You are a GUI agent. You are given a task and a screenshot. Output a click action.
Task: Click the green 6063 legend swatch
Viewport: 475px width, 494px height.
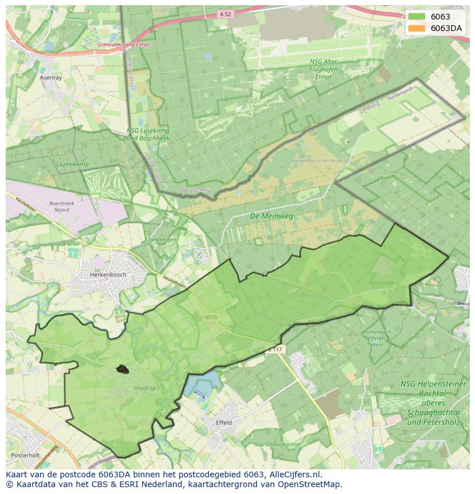(417, 17)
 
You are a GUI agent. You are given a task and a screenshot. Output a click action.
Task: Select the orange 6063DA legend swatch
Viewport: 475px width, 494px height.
(417, 28)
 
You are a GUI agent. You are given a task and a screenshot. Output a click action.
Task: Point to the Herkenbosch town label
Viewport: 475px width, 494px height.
(107, 275)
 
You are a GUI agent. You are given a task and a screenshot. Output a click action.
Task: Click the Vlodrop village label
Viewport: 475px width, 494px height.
(145, 388)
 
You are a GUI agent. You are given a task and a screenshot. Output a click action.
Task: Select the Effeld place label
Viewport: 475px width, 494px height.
(224, 422)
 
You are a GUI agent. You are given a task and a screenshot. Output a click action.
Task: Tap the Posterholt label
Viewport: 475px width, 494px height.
(25, 456)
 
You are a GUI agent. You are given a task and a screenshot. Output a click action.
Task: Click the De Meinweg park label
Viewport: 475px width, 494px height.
(271, 216)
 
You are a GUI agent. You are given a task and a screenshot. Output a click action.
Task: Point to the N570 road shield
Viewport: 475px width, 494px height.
(211, 316)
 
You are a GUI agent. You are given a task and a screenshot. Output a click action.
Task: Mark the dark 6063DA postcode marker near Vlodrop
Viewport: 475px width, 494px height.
(122, 369)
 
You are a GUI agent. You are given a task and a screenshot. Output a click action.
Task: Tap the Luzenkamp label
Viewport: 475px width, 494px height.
(72, 164)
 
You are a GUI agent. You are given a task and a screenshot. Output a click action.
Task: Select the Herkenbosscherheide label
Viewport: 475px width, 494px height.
(317, 161)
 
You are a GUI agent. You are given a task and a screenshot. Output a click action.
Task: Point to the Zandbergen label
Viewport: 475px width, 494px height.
(162, 239)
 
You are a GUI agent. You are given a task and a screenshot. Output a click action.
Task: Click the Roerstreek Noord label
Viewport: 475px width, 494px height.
(59, 206)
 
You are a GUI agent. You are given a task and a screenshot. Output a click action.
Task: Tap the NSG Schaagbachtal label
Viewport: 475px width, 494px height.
(277, 445)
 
